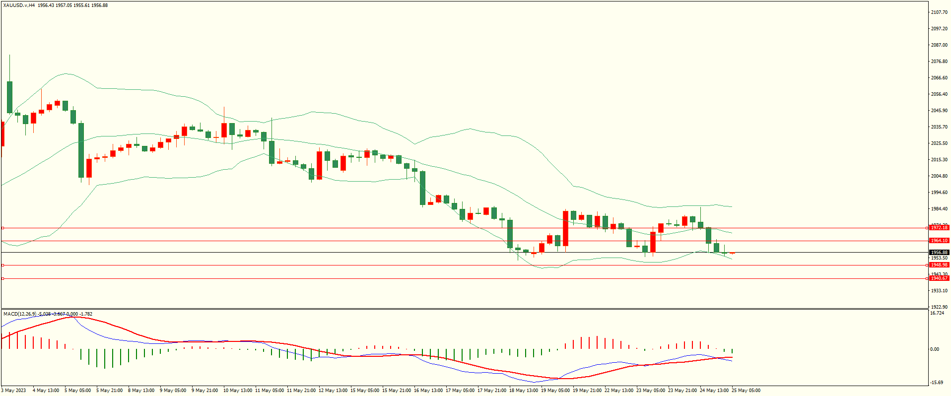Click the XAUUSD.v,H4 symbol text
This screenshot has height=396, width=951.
pos(19,5)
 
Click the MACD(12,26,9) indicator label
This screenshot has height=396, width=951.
pos(20,314)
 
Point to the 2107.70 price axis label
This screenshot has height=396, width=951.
pos(939,12)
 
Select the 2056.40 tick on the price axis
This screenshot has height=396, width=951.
pos(939,94)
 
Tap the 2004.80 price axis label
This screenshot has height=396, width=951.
pos(939,176)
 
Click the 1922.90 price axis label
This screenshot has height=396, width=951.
pos(939,307)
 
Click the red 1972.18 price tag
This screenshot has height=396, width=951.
pos(939,228)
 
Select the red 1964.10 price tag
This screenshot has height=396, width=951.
pos(939,241)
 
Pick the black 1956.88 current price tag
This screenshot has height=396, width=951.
pos(939,253)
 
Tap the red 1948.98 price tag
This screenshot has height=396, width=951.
pos(939,265)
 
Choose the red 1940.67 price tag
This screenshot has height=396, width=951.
pos(939,278)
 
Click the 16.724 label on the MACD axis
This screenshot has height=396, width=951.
pos(937,313)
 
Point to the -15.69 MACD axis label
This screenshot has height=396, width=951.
pos(937,383)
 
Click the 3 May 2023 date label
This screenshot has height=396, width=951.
pos(14,391)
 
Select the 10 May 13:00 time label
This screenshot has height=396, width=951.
pos(238,391)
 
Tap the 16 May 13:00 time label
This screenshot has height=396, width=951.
pos(428,391)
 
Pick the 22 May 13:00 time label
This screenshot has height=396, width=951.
pos(619,391)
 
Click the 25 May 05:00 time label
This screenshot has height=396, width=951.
pos(746,391)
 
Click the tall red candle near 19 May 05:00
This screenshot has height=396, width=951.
pos(565,228)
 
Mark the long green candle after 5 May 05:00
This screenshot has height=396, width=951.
pos(81,150)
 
